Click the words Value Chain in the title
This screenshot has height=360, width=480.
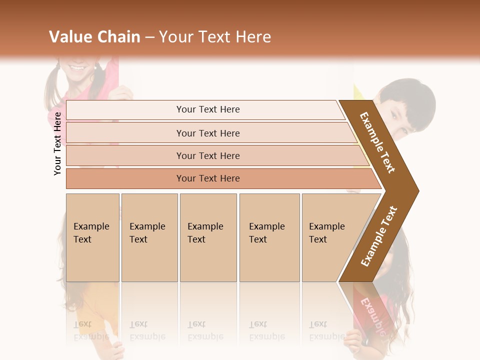click(x=94, y=37)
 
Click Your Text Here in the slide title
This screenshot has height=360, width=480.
click(x=215, y=37)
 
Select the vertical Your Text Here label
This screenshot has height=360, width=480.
click(x=57, y=143)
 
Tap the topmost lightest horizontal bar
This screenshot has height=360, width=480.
click(x=207, y=109)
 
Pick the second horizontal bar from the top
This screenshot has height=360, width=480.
click(x=207, y=133)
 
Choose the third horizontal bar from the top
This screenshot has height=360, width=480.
click(x=207, y=155)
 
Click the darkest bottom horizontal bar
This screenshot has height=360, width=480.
click(x=207, y=178)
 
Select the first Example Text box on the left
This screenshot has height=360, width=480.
click(x=92, y=237)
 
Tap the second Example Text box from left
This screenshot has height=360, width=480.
click(x=149, y=237)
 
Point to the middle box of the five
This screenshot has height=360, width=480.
click(x=208, y=237)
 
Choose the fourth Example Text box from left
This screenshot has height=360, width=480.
click(x=269, y=237)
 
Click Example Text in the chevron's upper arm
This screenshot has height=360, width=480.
click(x=377, y=142)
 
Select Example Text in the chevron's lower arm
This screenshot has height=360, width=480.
click(x=379, y=236)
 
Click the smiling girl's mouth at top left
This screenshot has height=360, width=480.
click(x=77, y=67)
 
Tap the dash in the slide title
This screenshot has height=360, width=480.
click(x=149, y=37)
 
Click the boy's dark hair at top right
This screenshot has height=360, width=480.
click(x=410, y=97)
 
